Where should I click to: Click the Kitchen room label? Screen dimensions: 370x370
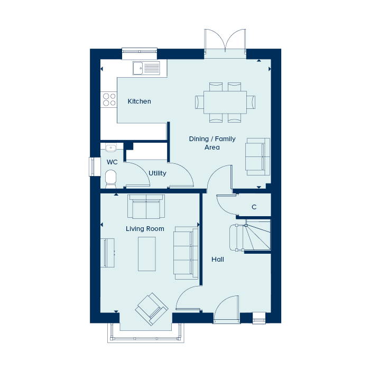(x=139, y=101)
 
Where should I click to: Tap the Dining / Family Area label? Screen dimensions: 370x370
(x=212, y=143)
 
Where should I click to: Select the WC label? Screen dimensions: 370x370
(x=112, y=162)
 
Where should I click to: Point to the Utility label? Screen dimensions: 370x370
(x=158, y=173)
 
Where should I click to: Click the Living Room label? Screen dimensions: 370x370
(x=145, y=229)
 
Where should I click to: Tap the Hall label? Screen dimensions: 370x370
(x=218, y=260)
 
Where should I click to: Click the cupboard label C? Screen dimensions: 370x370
(x=254, y=207)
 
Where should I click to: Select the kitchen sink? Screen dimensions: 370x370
(x=146, y=68)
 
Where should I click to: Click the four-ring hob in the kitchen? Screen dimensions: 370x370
(x=109, y=99)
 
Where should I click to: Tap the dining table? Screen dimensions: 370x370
(x=225, y=103)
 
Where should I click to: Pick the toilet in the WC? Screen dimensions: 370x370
(x=110, y=179)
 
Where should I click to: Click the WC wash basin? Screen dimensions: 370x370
(x=110, y=147)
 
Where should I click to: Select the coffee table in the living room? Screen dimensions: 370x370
(x=147, y=254)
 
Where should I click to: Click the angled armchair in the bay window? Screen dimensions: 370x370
(x=152, y=309)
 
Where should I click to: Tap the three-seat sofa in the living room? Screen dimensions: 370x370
(x=186, y=253)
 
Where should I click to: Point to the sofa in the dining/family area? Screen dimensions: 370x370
(x=258, y=156)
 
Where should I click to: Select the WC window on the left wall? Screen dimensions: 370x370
(x=91, y=166)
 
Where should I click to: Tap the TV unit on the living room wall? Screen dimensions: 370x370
(x=108, y=253)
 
